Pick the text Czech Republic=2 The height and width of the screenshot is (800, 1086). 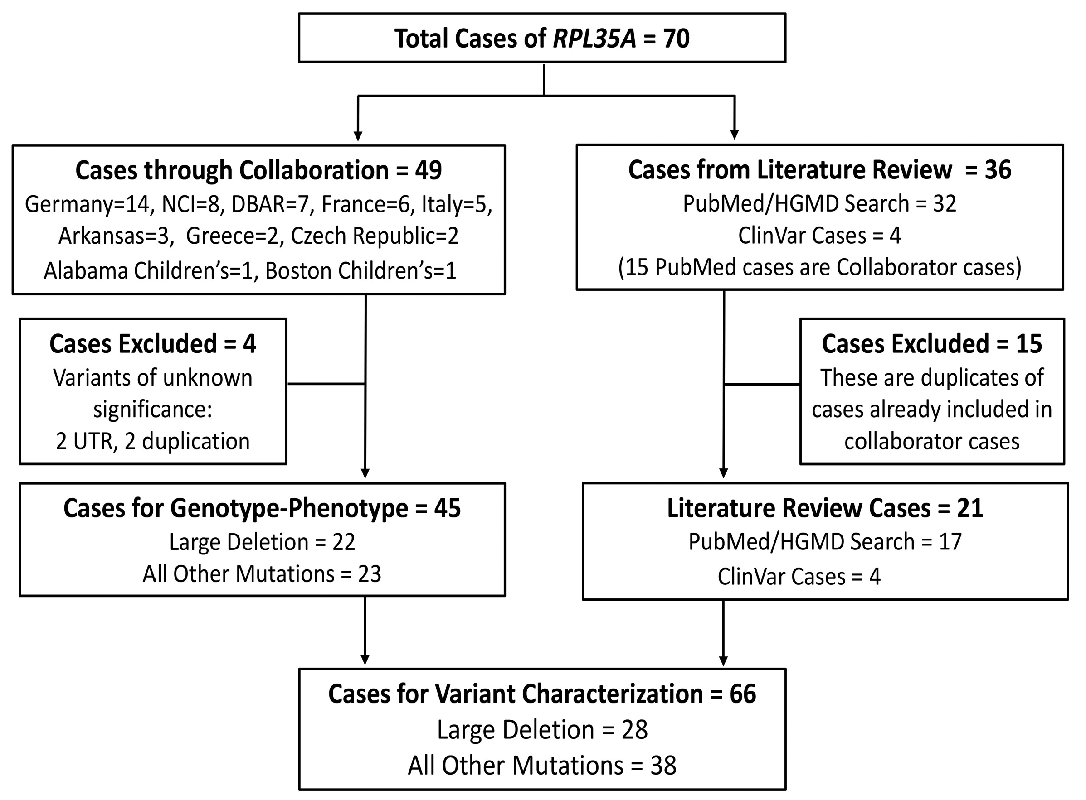[x=374, y=236]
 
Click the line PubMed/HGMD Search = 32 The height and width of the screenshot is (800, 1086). [x=819, y=203]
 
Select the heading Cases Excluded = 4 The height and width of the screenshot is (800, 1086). [x=153, y=344]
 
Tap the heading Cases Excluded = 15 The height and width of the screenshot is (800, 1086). [x=931, y=344]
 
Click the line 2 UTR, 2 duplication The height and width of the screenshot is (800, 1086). [x=153, y=441]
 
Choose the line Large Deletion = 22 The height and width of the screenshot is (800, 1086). [x=262, y=542]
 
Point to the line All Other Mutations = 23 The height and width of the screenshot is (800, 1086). [x=262, y=574]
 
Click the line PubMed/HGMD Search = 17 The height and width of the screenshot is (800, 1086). [x=825, y=541]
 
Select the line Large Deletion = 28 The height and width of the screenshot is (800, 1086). [x=542, y=729]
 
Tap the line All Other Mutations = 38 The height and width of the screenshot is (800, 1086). [x=542, y=766]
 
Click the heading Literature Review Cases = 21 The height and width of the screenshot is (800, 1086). [x=825, y=508]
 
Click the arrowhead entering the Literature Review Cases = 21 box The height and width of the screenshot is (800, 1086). [x=724, y=472]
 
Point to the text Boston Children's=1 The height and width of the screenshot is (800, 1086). [x=360, y=271]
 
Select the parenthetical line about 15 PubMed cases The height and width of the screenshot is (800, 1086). [x=819, y=267]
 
